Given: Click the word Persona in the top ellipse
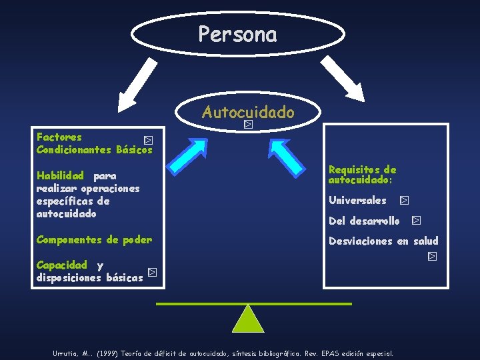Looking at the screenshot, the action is point(237,34).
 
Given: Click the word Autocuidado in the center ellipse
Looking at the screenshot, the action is point(247,112).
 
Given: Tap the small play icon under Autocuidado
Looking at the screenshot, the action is point(248,124).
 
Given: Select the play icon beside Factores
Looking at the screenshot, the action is point(149,141).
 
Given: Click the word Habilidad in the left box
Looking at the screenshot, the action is point(60,176).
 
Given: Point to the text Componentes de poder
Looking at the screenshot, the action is point(94,239).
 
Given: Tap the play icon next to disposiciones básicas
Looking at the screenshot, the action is point(152,273).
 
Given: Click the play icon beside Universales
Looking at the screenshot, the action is point(405,200).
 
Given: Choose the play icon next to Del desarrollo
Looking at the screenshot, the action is point(416,220).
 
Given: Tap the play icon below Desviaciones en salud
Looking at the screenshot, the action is point(432,256).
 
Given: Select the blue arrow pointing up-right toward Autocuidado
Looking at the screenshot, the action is point(197,154).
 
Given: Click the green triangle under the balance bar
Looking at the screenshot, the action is point(248,319).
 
